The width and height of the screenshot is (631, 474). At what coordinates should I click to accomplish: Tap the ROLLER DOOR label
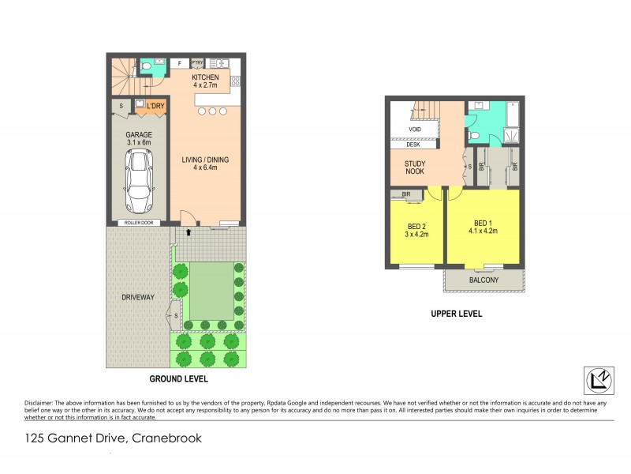tap(138, 224)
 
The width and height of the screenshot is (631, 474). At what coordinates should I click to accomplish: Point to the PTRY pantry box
tap(197, 62)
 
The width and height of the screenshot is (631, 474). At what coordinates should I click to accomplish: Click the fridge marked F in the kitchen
tap(179, 62)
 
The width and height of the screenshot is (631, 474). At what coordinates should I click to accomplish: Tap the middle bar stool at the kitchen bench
tap(211, 111)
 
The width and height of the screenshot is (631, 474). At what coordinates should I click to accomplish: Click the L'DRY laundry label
tap(155, 104)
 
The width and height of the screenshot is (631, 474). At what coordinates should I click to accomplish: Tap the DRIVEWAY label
tap(137, 297)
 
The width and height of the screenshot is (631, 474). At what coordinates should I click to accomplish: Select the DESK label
tap(413, 145)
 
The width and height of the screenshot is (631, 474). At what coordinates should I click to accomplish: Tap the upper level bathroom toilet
tap(474, 136)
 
